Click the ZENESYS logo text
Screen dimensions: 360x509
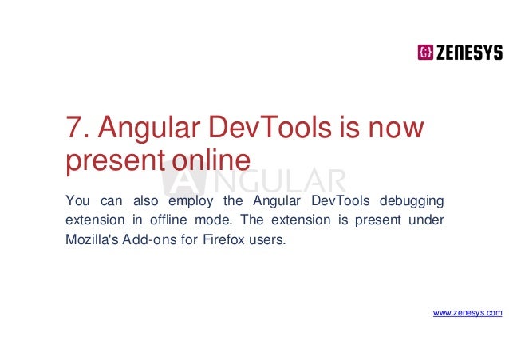pyautogui.click(x=469, y=53)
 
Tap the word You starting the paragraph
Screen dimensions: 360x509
pyautogui.click(x=77, y=198)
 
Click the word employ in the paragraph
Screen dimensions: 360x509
pyautogui.click(x=184, y=199)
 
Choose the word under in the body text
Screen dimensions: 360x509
pyautogui.click(x=429, y=218)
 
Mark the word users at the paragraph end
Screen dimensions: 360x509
pyautogui.click(x=265, y=238)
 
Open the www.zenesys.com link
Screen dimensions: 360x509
pyautogui.click(x=468, y=313)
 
